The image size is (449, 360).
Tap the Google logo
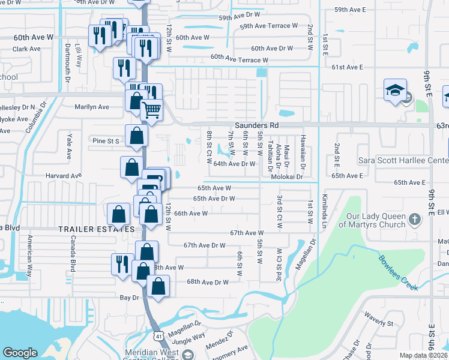click(x=20, y=353)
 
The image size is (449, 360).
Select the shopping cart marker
click(x=152, y=110)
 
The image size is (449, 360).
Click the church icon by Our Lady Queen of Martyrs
click(x=414, y=220)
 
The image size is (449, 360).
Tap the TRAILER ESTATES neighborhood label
click(x=95, y=230)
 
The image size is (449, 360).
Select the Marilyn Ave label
click(x=91, y=107)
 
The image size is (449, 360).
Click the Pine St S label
click(x=106, y=141)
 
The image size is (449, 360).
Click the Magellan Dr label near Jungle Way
click(x=184, y=324)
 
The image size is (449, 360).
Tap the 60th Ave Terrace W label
click(x=239, y=59)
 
